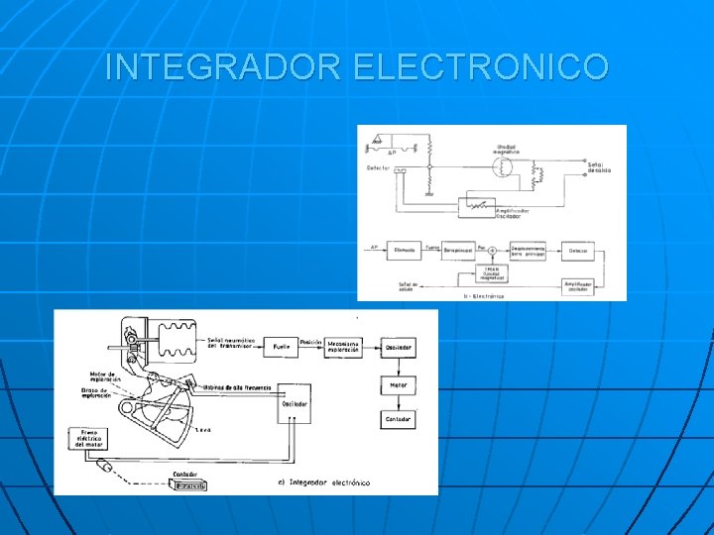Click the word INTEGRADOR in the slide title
tap(224, 67)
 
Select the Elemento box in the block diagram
tap(405, 252)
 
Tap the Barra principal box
tap(457, 252)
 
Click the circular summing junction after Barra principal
tap(493, 252)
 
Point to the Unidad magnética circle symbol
tap(505, 167)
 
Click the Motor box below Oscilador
tap(397, 383)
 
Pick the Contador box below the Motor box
tap(397, 419)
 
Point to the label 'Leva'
tap(203, 429)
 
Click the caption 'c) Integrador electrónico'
tap(324, 481)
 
